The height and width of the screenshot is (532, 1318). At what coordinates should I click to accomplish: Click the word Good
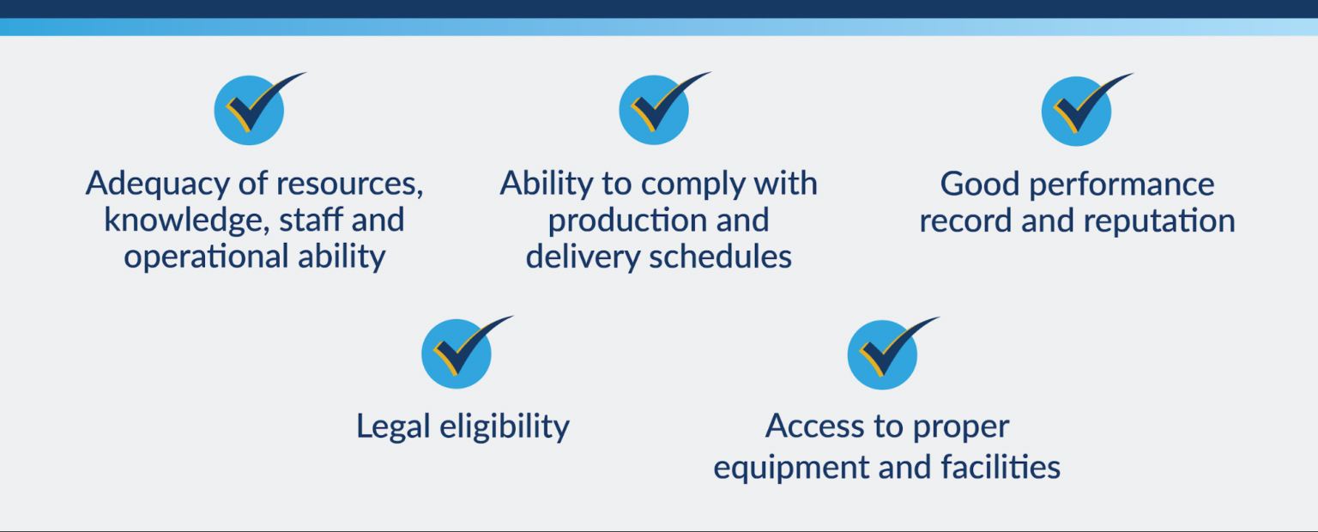[980, 184]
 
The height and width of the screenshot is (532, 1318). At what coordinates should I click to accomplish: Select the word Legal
[393, 426]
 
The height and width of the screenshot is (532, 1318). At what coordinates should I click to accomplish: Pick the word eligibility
[505, 426]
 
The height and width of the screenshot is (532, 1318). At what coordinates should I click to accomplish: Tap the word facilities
[1001, 466]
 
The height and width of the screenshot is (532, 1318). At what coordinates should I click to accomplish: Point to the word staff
[310, 220]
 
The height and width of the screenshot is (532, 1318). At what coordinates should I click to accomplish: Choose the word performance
[1122, 185]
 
